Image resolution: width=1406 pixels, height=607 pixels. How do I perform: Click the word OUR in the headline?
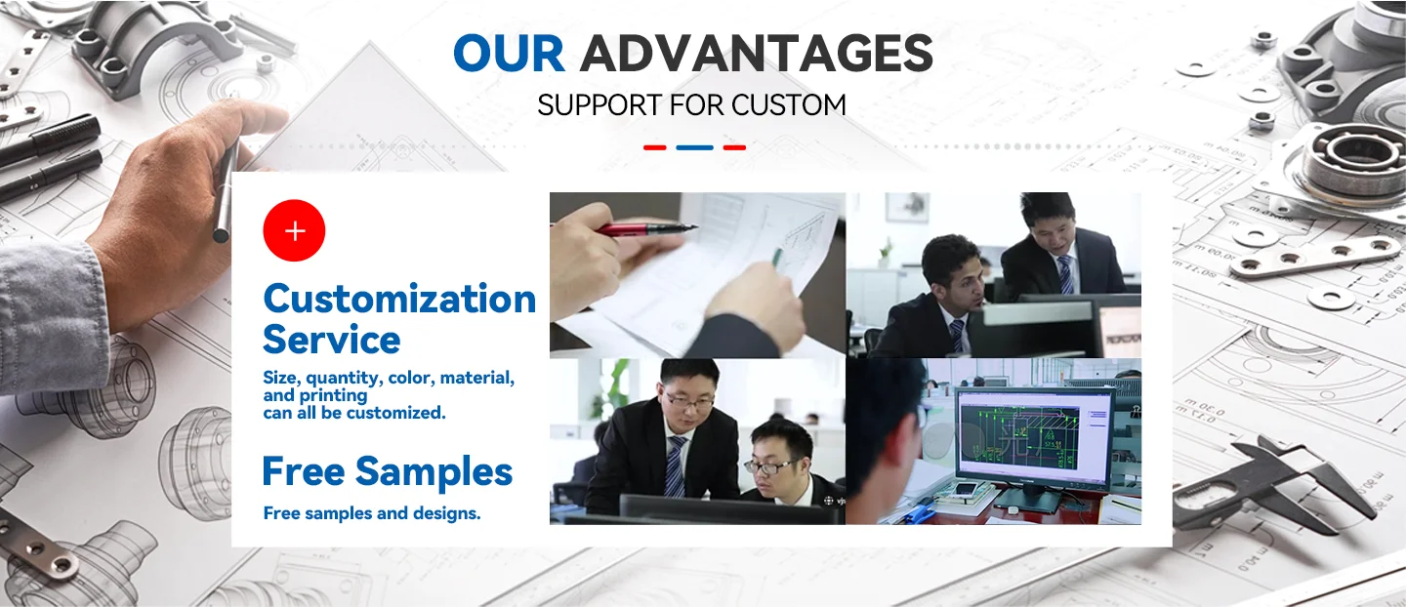click(509, 53)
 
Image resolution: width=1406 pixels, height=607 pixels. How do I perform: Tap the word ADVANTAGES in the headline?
click(757, 53)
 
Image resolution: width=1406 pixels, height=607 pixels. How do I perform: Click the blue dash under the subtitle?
click(694, 147)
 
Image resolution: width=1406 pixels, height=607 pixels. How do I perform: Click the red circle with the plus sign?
click(294, 230)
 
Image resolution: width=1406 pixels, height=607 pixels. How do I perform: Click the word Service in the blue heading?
click(331, 340)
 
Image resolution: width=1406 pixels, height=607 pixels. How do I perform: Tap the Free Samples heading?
click(388, 471)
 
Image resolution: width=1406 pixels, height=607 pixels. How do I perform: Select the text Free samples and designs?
click(372, 513)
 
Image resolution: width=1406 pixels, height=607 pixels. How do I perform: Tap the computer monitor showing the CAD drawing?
click(1034, 441)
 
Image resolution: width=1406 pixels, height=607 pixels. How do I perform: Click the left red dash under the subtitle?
click(654, 147)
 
